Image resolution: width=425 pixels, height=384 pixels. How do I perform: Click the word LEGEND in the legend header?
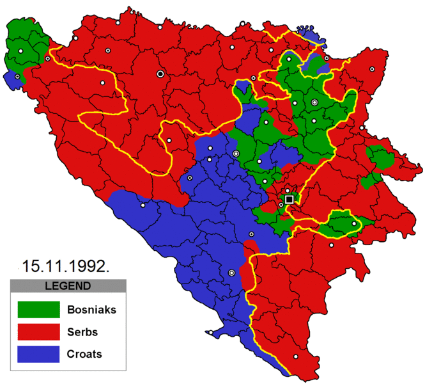coord(69,285)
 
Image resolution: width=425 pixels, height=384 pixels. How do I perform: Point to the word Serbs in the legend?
coord(81,332)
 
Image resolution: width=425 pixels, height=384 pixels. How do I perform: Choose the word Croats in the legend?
coord(84,354)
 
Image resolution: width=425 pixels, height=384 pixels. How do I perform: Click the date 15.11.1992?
coord(66,264)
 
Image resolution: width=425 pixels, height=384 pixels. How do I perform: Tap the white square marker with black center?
coord(290,199)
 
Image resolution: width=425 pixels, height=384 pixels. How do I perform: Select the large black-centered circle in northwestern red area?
coord(160,74)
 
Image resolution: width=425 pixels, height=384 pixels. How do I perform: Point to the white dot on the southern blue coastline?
coord(210,333)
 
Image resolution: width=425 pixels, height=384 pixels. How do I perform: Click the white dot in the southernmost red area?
coord(295,356)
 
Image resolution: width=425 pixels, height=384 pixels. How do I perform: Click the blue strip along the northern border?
coord(311,33)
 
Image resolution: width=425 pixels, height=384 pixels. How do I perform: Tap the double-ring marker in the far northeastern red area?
coord(370,68)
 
